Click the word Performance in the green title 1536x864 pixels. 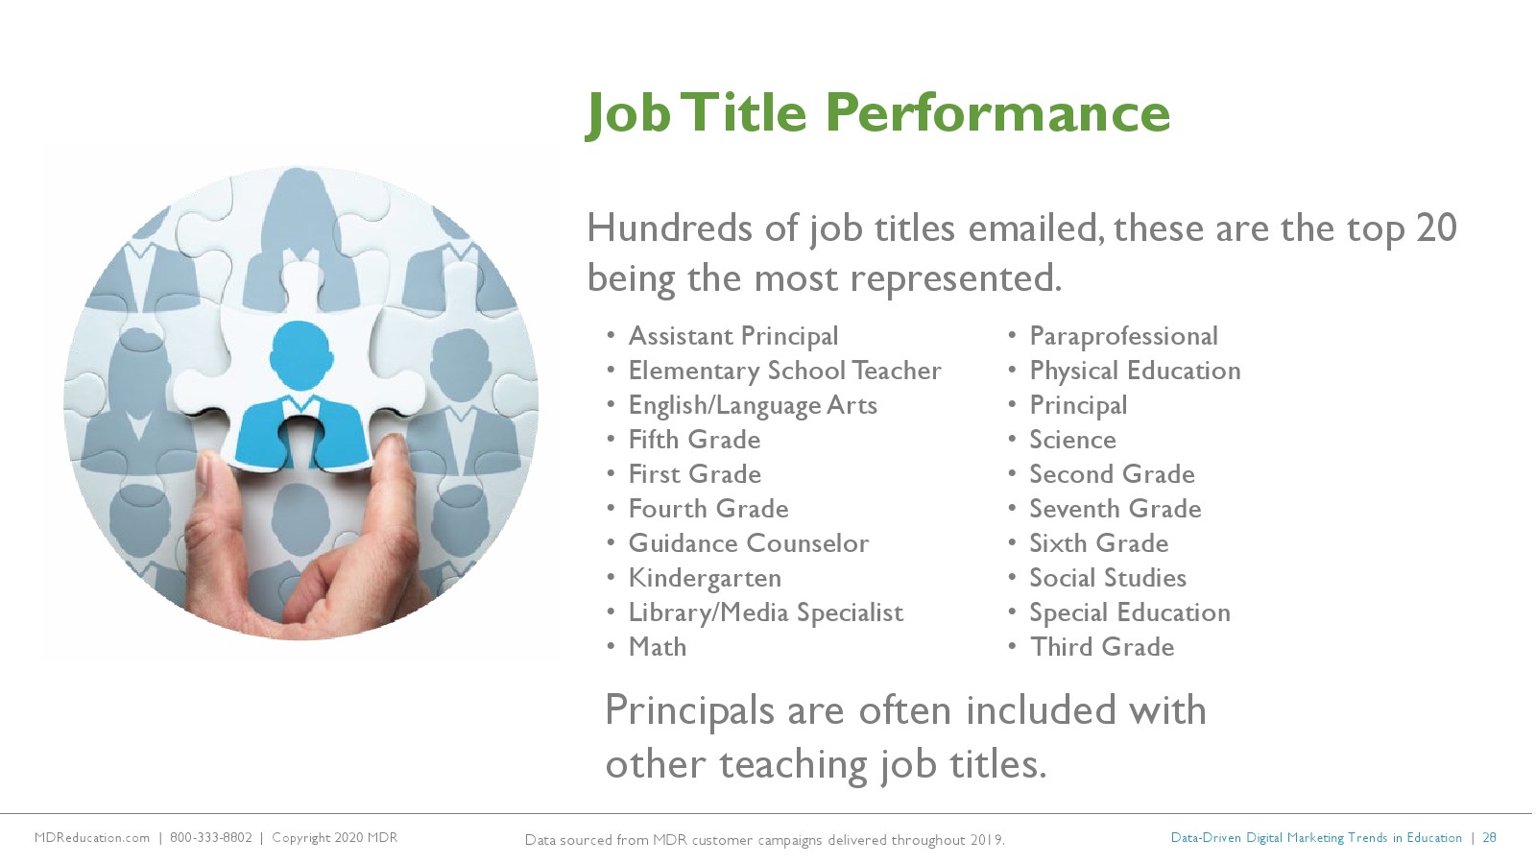[x=997, y=113]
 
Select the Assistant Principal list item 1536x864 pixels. [x=733, y=337]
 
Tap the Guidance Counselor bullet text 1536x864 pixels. [x=749, y=543]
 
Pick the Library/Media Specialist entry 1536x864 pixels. [x=766, y=613]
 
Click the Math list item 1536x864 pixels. [x=658, y=647]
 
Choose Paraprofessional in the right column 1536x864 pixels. [x=1124, y=337]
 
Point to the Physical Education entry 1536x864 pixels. [x=1136, y=371]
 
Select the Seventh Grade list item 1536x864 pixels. [x=1116, y=509]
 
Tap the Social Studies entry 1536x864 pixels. [x=1108, y=578]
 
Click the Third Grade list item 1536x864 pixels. [x=1102, y=647]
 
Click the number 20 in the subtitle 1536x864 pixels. [x=1436, y=228]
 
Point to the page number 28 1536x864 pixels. [x=1489, y=838]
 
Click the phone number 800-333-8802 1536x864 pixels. [x=211, y=838]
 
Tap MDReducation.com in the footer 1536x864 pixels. [x=92, y=838]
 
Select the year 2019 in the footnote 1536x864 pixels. [x=987, y=840]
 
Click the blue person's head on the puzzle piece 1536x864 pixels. [x=301, y=354]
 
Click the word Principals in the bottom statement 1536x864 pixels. [x=689, y=711]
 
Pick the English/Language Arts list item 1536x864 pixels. [x=753, y=406]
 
